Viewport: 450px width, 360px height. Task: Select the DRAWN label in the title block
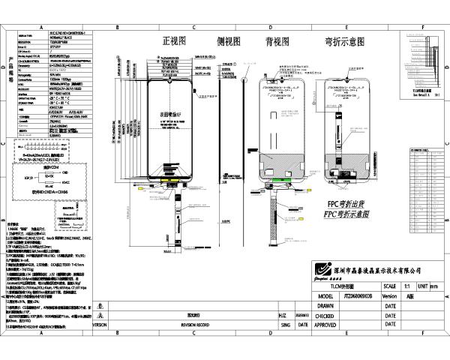pyautogui.click(x=325, y=306)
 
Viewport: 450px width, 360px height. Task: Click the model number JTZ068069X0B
pyautogui.click(x=343, y=296)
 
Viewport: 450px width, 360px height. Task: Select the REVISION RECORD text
pyautogui.click(x=193, y=325)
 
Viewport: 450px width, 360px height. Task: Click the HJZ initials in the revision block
pyautogui.click(x=283, y=316)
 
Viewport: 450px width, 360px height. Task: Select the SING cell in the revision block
pyautogui.click(x=283, y=325)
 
